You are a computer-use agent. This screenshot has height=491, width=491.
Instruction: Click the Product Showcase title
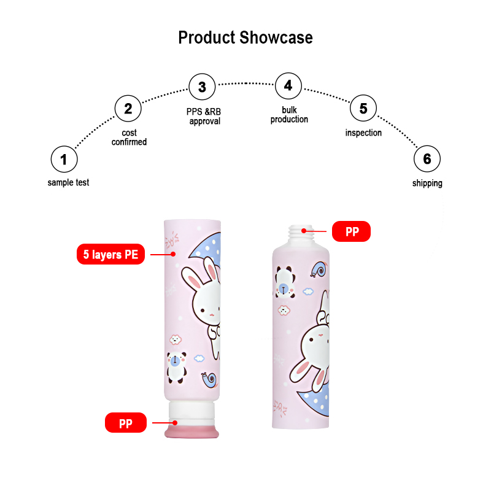(245, 37)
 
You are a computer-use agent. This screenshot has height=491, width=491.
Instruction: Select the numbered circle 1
(64, 160)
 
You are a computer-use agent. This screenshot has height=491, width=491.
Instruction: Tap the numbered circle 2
(128, 109)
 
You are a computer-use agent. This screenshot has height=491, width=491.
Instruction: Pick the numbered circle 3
(202, 87)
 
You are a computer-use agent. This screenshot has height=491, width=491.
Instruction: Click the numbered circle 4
(288, 85)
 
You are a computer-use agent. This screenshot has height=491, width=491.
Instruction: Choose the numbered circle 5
(363, 109)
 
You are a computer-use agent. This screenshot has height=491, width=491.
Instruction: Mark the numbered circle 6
(427, 160)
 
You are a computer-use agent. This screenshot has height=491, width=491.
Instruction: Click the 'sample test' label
(68, 182)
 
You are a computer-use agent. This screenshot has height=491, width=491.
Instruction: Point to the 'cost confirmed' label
(129, 137)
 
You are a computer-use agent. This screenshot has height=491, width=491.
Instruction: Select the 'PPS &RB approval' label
(204, 117)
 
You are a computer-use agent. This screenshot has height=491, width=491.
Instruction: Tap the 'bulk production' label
(289, 115)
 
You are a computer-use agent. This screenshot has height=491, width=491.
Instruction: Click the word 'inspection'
(363, 133)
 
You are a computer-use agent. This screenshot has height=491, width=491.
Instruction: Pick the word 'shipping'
(427, 183)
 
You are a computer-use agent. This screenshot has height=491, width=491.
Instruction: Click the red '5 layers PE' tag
(110, 254)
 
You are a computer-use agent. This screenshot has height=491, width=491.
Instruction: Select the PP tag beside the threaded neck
(351, 232)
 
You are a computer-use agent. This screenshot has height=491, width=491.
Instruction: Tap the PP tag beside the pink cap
(125, 423)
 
